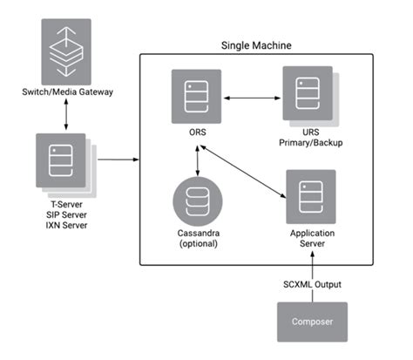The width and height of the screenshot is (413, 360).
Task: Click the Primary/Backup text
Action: [306, 146]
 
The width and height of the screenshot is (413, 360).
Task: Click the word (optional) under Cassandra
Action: [200, 246]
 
